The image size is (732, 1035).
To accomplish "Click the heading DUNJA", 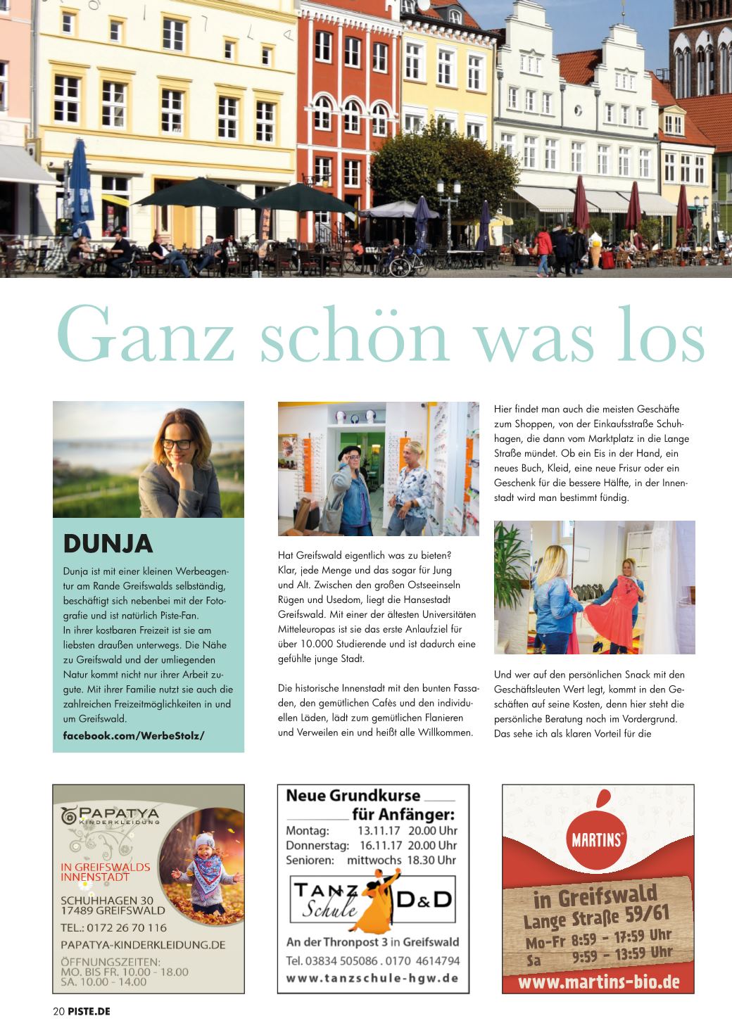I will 108,544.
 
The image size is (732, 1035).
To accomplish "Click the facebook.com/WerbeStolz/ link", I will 134,735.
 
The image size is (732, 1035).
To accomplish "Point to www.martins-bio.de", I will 598,980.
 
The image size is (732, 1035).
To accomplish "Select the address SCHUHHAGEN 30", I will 107,900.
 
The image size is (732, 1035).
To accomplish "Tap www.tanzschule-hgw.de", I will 372,978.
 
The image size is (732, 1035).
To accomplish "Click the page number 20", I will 58,1012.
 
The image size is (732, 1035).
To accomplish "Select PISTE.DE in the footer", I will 89,1012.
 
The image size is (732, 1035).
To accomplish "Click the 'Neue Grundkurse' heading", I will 353,796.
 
